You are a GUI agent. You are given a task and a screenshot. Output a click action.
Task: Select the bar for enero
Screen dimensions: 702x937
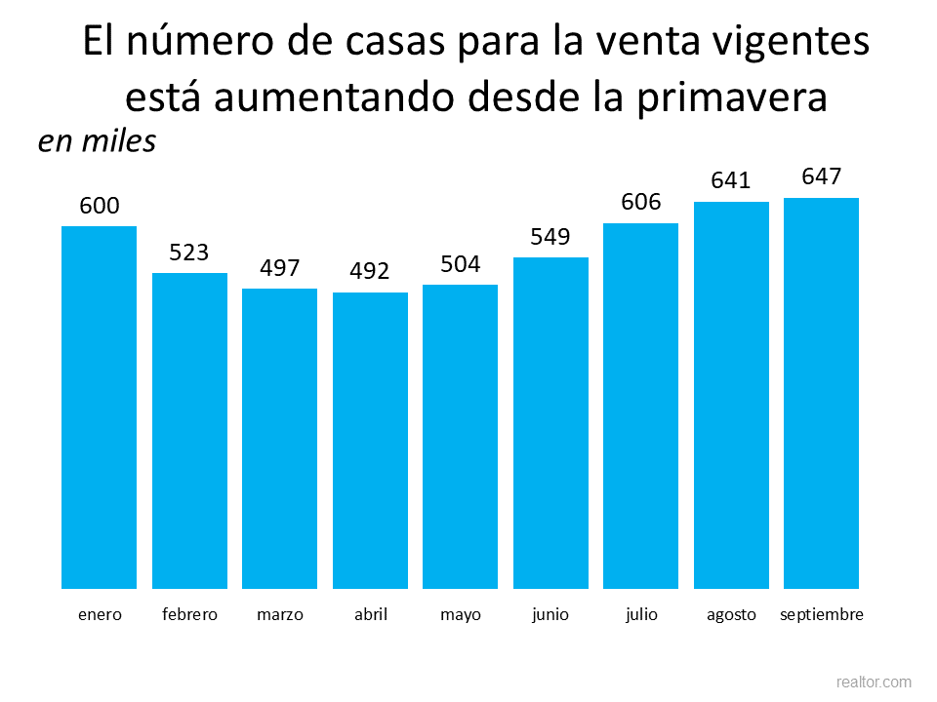99,408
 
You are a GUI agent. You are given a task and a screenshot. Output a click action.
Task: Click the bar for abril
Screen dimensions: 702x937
370,441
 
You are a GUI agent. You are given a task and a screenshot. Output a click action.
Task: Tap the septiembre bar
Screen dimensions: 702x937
821,393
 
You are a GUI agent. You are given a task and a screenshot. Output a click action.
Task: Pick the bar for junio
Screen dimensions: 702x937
550,423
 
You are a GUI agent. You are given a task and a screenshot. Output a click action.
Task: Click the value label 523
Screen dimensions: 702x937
189,253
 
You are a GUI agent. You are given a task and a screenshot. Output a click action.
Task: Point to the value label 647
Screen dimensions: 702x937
821,176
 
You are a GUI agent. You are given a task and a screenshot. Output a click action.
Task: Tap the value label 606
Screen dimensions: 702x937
640,202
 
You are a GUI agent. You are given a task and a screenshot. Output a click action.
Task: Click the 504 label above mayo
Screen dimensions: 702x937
460,264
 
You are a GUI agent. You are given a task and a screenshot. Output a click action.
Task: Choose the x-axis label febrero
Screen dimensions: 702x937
189,614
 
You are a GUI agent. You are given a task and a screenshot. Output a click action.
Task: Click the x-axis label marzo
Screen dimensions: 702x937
279,614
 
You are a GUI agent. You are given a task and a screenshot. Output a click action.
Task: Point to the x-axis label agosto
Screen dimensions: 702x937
731,614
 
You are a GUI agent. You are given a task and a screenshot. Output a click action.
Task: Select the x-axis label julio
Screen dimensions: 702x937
640,614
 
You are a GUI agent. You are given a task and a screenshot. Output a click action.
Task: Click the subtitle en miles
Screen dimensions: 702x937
97,141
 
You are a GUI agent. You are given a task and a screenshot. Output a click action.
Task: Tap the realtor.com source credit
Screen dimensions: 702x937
874,682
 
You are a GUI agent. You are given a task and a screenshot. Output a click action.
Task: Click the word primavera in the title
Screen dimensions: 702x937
744,97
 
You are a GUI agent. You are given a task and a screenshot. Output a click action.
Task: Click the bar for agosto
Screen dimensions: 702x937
731,395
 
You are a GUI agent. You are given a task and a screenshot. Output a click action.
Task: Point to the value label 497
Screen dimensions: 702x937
279,268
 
